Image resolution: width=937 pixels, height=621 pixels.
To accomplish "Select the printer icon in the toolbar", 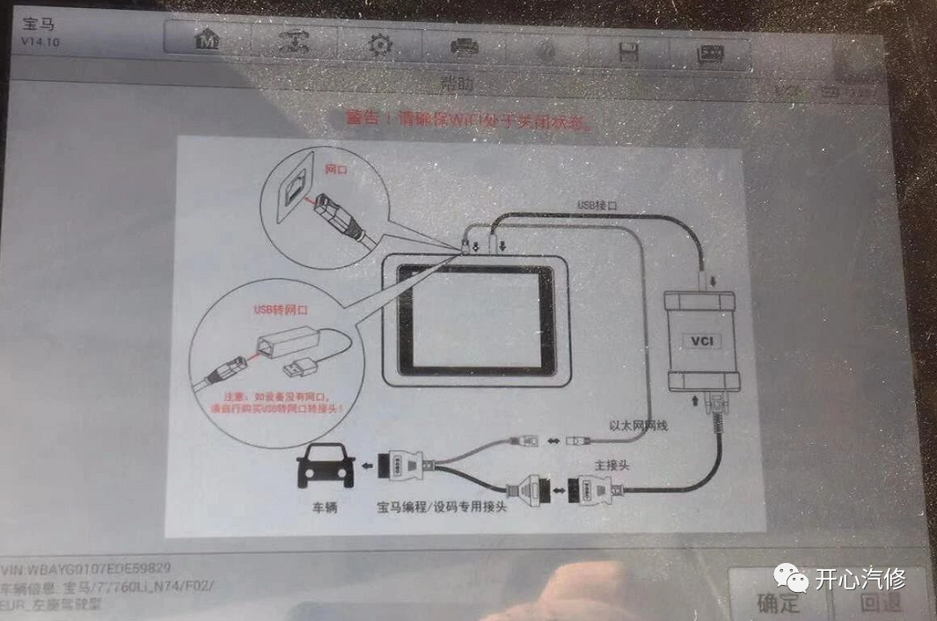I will (x=464, y=47).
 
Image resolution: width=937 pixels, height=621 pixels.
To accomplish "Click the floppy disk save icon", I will (x=628, y=53).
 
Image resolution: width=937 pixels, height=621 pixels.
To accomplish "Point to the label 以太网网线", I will (x=638, y=425).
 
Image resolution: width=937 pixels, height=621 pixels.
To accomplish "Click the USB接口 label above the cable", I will (x=598, y=204).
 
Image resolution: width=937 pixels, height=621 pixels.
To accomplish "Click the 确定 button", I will (x=779, y=603).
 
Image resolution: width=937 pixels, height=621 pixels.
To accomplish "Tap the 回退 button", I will (x=880, y=603).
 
